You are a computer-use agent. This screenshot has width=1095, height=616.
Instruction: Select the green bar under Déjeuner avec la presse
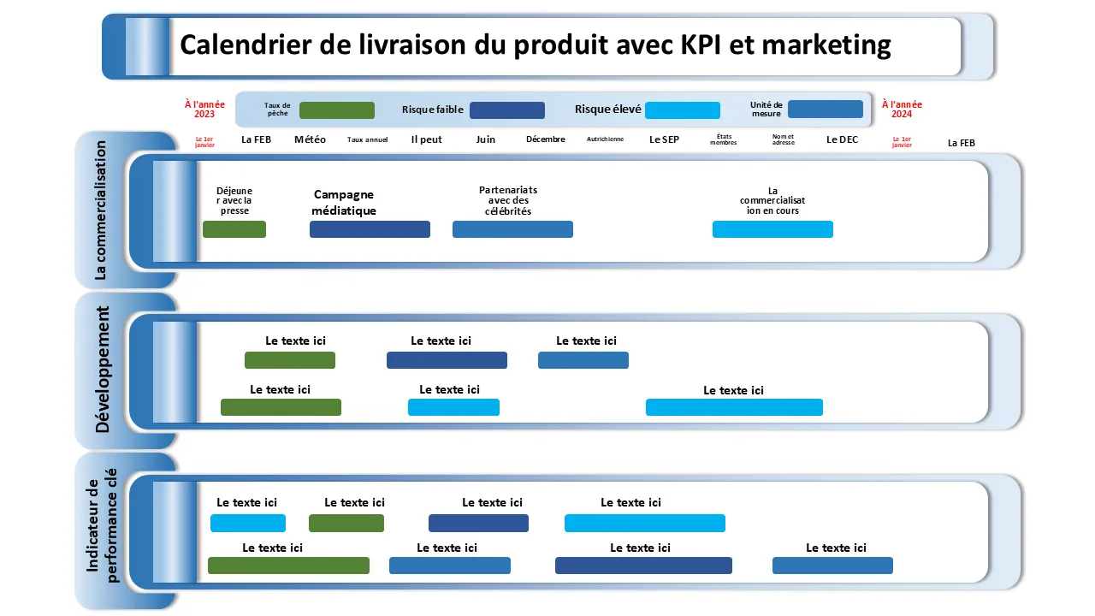[x=234, y=229]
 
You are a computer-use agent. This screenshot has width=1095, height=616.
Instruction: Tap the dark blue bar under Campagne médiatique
[x=370, y=229]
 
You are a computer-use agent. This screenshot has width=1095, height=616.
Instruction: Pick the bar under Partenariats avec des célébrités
[x=512, y=229]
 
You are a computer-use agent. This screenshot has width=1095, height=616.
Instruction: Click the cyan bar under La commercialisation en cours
[x=772, y=229]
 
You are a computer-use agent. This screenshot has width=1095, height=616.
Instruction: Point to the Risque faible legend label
[x=433, y=110]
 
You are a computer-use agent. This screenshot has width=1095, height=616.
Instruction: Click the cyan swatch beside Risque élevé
[x=682, y=110]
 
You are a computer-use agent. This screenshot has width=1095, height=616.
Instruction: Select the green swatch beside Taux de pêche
[x=337, y=110]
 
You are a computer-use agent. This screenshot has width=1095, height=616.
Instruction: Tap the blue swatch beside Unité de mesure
[x=825, y=110]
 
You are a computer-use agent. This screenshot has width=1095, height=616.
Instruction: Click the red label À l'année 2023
[x=204, y=110]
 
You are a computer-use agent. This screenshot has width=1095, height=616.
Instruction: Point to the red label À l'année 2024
[x=902, y=110]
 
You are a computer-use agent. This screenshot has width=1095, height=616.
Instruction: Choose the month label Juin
[x=485, y=139]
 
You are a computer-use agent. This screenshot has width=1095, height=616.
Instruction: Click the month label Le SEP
[x=664, y=139]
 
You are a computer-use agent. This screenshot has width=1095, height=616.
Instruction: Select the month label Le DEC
[x=842, y=139]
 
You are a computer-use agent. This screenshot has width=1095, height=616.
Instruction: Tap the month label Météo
[x=310, y=139]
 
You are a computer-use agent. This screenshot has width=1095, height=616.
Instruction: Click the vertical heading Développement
[x=103, y=370]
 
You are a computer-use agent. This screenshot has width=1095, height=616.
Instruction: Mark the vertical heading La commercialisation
[x=100, y=210]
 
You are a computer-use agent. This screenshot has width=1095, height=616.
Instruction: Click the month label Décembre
[x=546, y=139]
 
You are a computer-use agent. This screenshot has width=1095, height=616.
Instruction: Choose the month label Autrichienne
[x=605, y=139]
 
